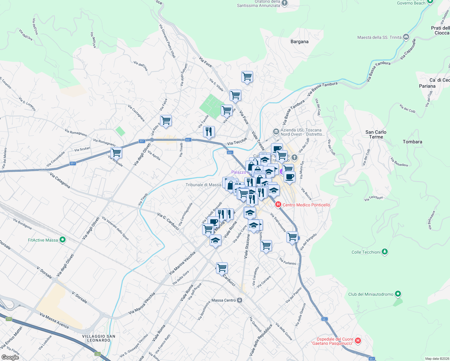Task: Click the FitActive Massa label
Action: click(43, 240)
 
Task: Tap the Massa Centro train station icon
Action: click(240, 300)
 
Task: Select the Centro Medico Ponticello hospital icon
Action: click(278, 205)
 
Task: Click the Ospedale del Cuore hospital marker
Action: click(358, 341)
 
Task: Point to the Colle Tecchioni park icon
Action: click(385, 252)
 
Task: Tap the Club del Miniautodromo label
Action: click(371, 294)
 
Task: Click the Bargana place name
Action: click(299, 42)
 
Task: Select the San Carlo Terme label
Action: click(376, 134)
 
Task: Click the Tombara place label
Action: click(412, 142)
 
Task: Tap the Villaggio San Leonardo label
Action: click(99, 338)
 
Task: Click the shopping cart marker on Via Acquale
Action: click(116, 153)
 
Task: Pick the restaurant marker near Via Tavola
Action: click(209, 131)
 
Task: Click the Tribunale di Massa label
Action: click(203, 185)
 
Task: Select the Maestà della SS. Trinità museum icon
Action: click(406, 37)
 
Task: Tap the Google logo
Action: click(10, 357)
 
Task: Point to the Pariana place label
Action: click(427, 86)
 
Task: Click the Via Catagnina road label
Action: click(60, 180)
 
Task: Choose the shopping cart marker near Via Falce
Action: click(166, 120)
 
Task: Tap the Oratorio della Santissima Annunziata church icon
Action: click(285, 3)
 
